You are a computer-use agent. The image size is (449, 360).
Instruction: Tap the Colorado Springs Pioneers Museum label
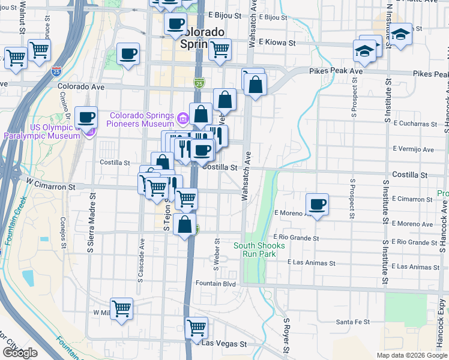tap(141, 120)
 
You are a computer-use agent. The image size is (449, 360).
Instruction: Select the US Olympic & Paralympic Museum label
tap(42, 131)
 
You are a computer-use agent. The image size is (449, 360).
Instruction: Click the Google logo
tap(20, 353)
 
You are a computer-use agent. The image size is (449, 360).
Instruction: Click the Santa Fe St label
tap(352, 322)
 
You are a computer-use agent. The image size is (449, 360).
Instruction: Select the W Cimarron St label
tap(50, 187)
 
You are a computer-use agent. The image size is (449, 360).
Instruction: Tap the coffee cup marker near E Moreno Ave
tap(318, 205)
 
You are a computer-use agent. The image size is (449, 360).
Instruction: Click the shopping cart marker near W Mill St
tap(122, 308)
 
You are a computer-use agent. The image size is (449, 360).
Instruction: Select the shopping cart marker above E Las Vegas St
tap(196, 328)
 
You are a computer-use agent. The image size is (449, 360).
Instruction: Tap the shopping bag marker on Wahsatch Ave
tap(255, 85)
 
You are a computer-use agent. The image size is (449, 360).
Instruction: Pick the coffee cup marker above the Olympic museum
tap(86, 116)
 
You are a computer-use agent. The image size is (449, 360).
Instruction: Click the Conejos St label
tap(62, 227)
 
